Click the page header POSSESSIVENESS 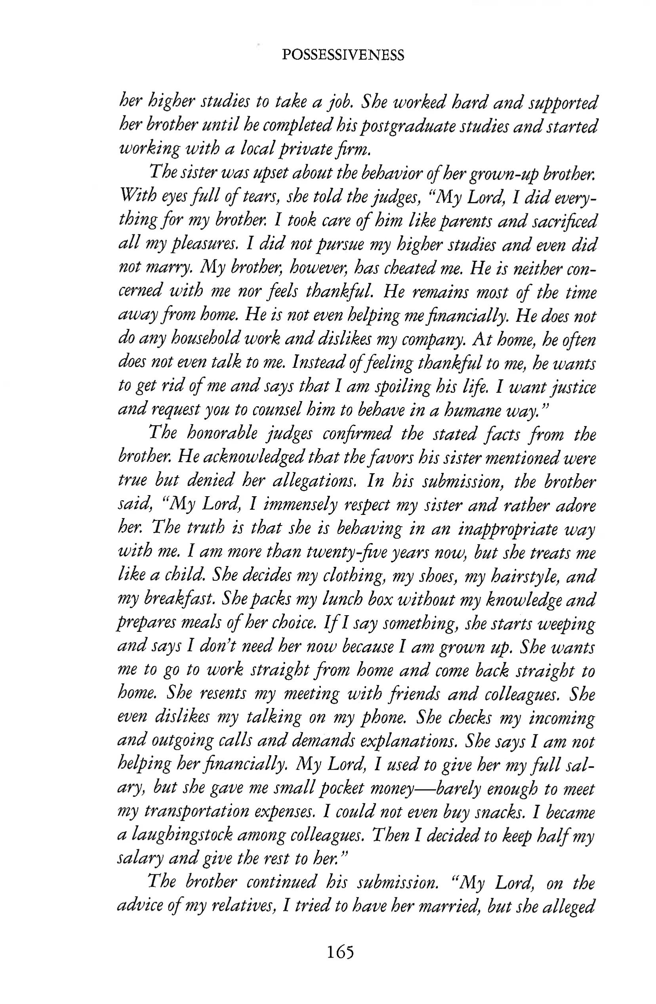pyautogui.click(x=342, y=55)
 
